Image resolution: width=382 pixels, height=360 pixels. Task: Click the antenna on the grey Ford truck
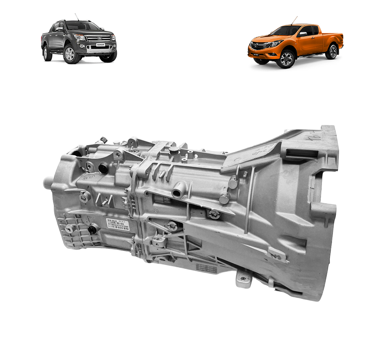coord(76,17)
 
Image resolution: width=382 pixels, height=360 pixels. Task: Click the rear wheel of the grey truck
coord(47,53)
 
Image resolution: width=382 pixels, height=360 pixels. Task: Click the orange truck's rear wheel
coord(331,51)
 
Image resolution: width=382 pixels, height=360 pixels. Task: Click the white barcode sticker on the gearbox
coord(118,224)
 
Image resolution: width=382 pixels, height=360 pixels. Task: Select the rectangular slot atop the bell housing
coord(302,153)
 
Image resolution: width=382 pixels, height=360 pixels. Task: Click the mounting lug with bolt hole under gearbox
coord(243,279)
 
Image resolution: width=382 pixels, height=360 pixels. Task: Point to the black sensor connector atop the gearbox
coord(102,140)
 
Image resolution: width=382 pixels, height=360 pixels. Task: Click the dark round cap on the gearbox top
coord(174,150)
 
